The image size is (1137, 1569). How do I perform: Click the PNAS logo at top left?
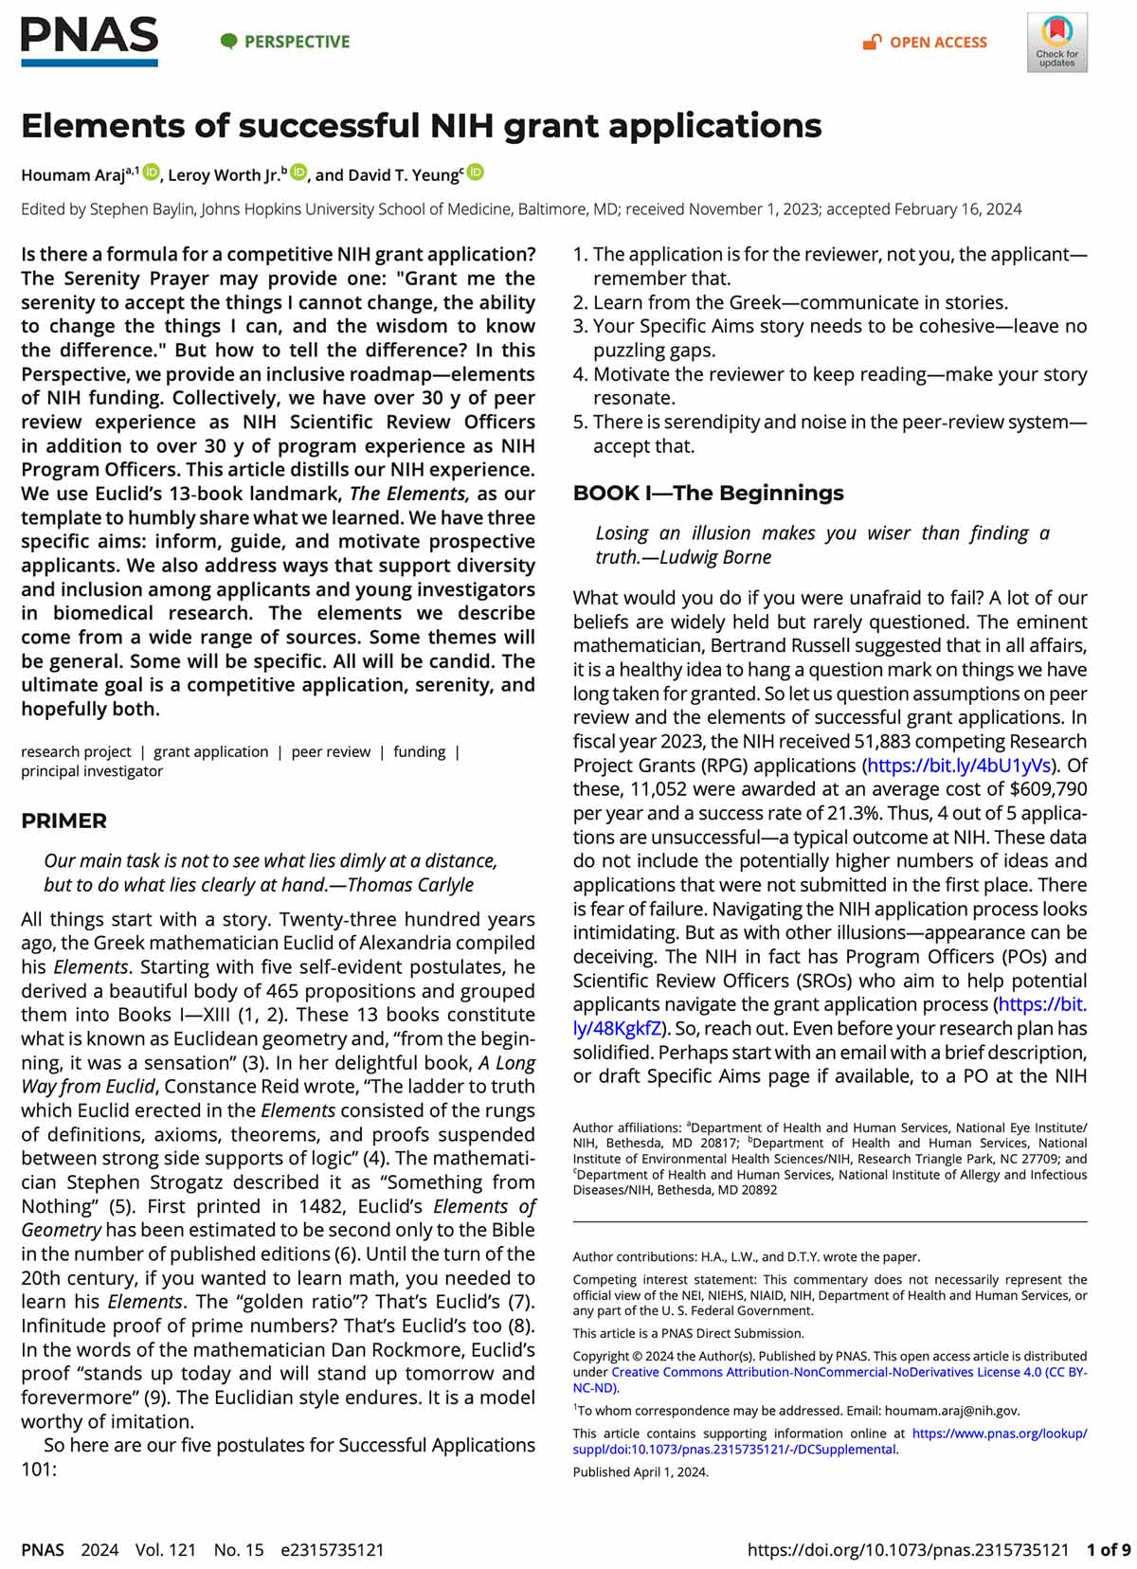89,41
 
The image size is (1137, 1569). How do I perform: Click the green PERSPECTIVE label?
286,42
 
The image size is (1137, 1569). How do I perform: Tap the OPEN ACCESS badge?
926,43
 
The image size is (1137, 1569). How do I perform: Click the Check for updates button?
1056,43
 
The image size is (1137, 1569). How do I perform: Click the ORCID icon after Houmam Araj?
152,172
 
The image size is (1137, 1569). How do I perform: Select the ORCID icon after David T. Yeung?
476,172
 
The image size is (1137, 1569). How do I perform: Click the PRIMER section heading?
64,821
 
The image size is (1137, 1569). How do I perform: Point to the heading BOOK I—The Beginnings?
708,493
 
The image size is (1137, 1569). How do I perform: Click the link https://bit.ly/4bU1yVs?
959,766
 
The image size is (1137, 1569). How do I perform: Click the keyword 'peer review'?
331,751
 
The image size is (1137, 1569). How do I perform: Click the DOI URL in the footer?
908,1550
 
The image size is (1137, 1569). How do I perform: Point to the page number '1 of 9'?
1108,1550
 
